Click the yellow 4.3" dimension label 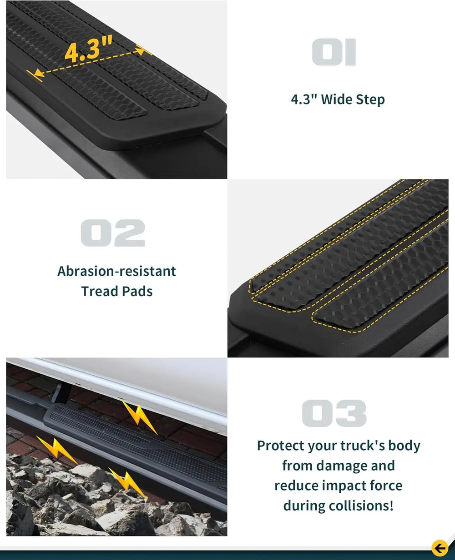(89, 49)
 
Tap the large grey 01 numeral (334, 52)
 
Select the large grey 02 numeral (113, 233)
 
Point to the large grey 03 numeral (334, 413)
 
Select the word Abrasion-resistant (116, 271)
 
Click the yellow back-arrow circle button (440, 548)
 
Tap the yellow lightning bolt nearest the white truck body (140, 417)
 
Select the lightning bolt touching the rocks (128, 483)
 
